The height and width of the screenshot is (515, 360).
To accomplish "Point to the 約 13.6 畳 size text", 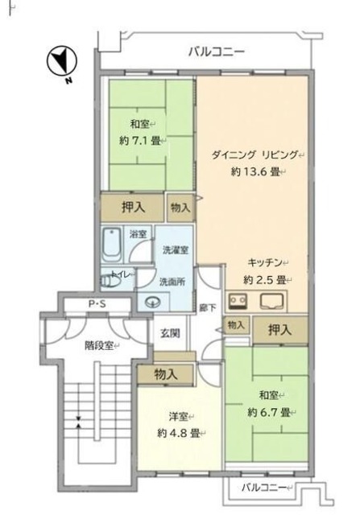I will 258,171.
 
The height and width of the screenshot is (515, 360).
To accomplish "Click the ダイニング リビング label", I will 255,154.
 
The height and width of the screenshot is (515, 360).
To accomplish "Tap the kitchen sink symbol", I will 270,303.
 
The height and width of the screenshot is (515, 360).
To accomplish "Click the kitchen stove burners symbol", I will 238,303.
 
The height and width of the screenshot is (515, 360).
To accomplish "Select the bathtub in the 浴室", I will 113,241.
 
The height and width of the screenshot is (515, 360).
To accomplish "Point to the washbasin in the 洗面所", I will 153,303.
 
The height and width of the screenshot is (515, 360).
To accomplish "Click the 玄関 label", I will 169,333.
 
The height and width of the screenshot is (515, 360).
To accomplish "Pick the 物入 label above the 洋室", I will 166,374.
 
